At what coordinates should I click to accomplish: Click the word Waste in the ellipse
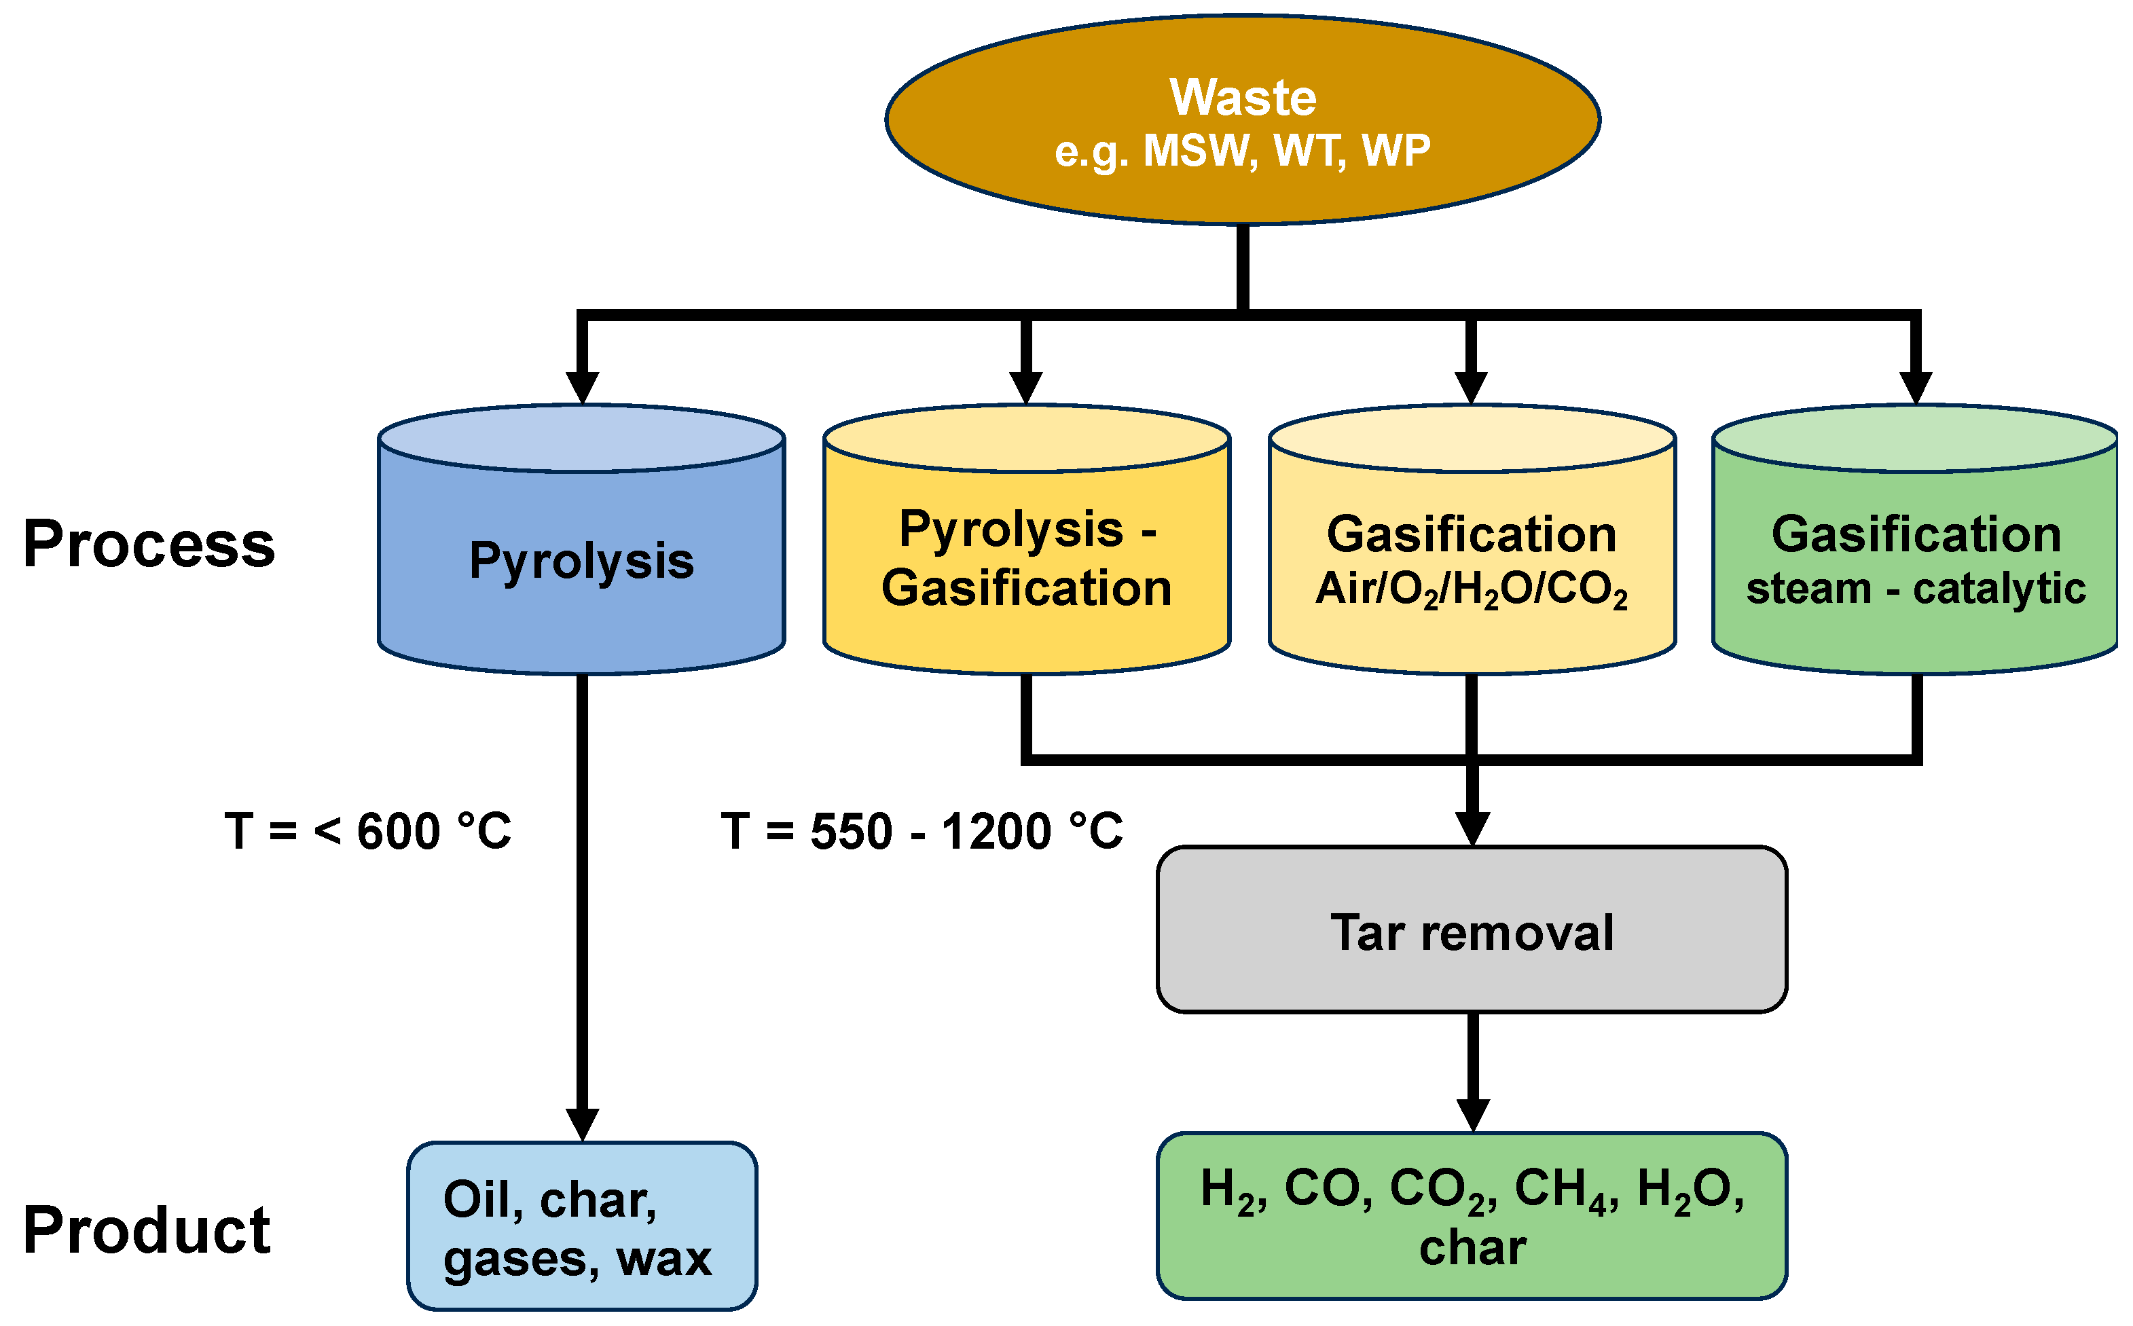tap(1243, 96)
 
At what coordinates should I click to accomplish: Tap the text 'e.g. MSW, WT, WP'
tap(1243, 151)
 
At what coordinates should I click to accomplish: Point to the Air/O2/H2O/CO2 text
tap(1472, 590)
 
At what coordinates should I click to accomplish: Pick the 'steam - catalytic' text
tap(1916, 589)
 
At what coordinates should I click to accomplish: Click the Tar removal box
tap(1472, 932)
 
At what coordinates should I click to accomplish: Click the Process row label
tap(149, 545)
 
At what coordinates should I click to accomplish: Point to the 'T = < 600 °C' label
tap(368, 831)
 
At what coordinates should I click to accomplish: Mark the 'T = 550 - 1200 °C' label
tap(922, 831)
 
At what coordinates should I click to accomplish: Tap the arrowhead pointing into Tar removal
tap(1472, 828)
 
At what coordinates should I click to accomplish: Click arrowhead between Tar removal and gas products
tap(1472, 1115)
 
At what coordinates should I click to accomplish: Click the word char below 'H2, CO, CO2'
tap(1472, 1249)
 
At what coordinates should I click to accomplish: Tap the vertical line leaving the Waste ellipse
tap(1243, 268)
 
